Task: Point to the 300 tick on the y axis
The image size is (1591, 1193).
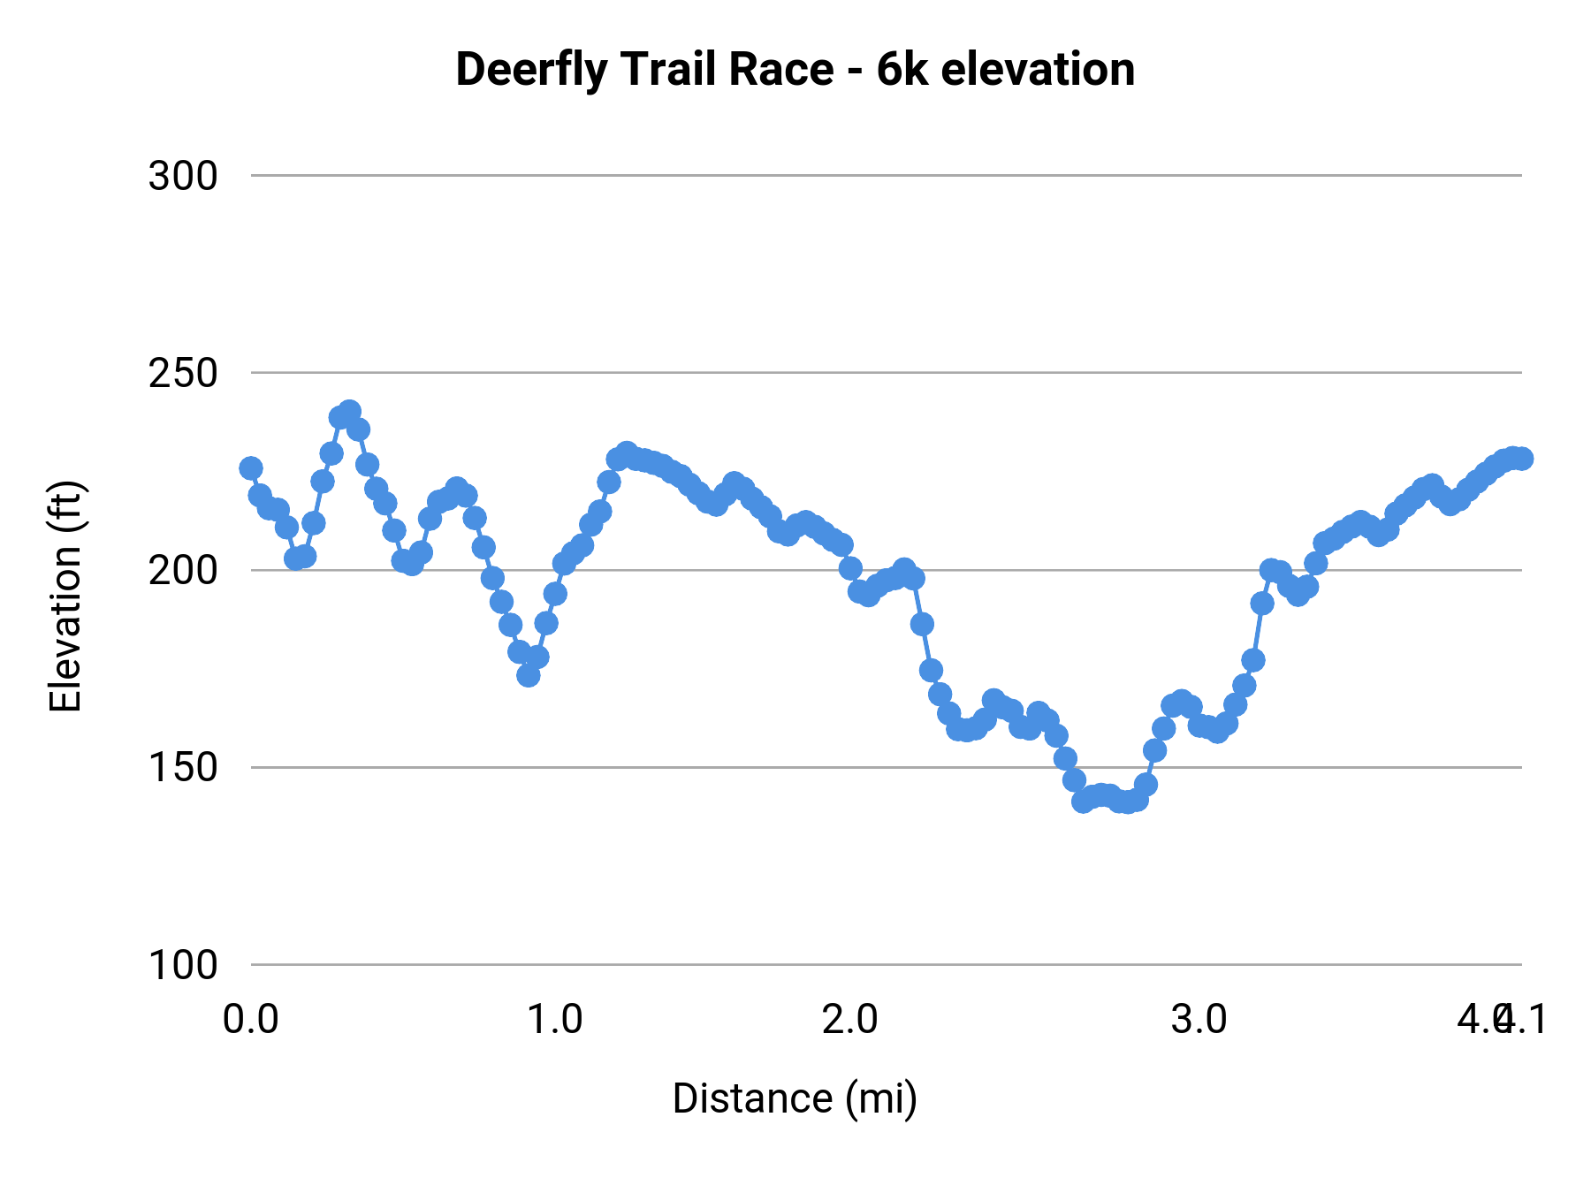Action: (x=183, y=177)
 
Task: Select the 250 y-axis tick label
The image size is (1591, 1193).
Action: (x=183, y=374)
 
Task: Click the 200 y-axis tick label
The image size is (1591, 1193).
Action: (x=183, y=571)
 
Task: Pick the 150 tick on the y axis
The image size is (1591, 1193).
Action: (x=183, y=768)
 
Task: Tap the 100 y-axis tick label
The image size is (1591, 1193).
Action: (x=183, y=965)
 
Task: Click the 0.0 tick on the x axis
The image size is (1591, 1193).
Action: (x=251, y=1019)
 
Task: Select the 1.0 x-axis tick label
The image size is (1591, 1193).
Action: (x=555, y=1019)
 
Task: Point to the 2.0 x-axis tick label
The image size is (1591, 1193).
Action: (x=850, y=1019)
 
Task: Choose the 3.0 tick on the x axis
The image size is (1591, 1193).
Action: (x=1199, y=1019)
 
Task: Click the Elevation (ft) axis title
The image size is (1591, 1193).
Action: (x=66, y=596)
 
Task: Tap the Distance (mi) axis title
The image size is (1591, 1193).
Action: (x=795, y=1098)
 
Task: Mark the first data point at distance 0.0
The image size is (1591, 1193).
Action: (x=251, y=467)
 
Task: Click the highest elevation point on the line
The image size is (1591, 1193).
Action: (x=350, y=412)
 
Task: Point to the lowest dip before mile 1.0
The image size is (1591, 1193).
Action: (x=529, y=675)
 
